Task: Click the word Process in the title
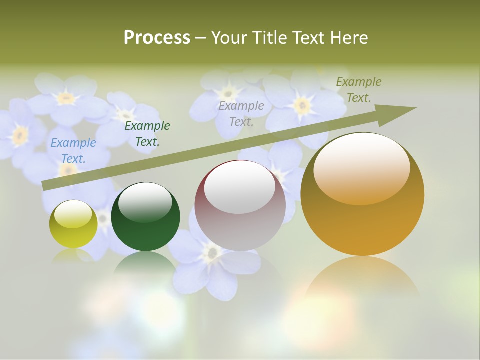click(157, 38)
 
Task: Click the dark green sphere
click(145, 220)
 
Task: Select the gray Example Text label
click(241, 113)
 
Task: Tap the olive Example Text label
click(358, 90)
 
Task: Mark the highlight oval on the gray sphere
click(240, 187)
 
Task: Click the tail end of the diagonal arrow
click(45, 186)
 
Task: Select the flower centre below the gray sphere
click(212, 253)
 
